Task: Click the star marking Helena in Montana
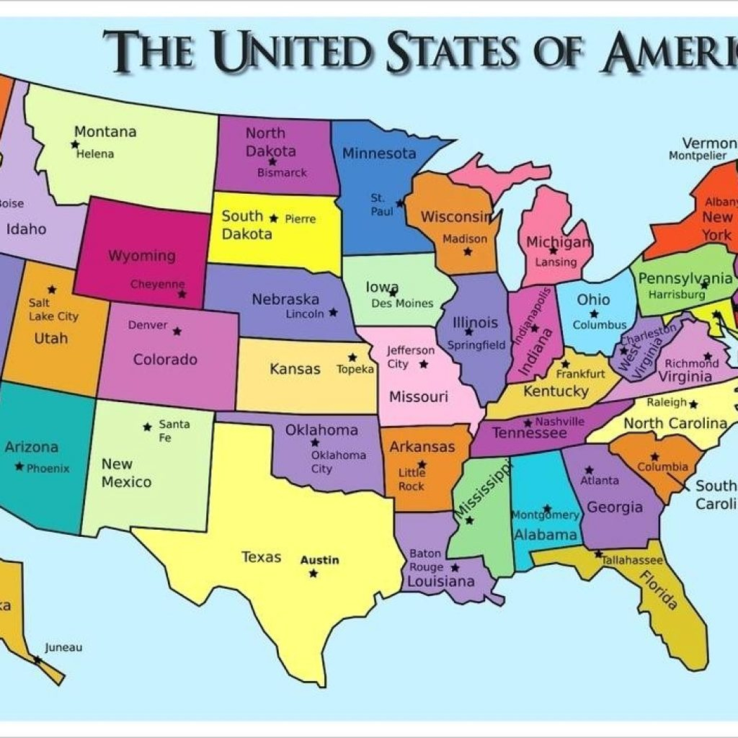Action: (x=75, y=144)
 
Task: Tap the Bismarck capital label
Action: (x=283, y=173)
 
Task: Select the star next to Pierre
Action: (x=273, y=218)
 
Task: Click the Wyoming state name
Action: (x=142, y=256)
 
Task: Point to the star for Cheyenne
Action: (x=182, y=294)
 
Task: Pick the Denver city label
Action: (x=148, y=325)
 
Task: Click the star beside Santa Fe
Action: (x=147, y=427)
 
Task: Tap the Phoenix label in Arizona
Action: (x=48, y=468)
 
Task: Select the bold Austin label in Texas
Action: (x=319, y=560)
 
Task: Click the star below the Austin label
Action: (x=313, y=574)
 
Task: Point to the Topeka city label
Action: (x=356, y=369)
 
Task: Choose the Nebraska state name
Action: (x=285, y=299)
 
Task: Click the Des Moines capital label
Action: (x=402, y=303)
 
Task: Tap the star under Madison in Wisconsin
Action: (x=468, y=252)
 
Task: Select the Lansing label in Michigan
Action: (x=556, y=262)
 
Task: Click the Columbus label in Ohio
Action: (x=600, y=325)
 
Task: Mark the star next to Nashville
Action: (x=528, y=423)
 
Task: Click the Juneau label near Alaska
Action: (x=63, y=647)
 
